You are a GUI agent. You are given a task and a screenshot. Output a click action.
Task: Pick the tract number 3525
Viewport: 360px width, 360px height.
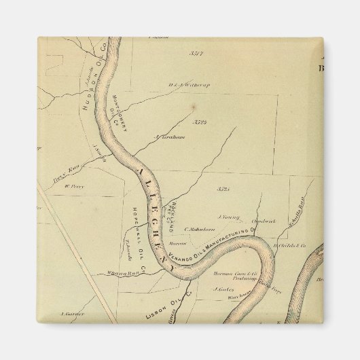point(225,188)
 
